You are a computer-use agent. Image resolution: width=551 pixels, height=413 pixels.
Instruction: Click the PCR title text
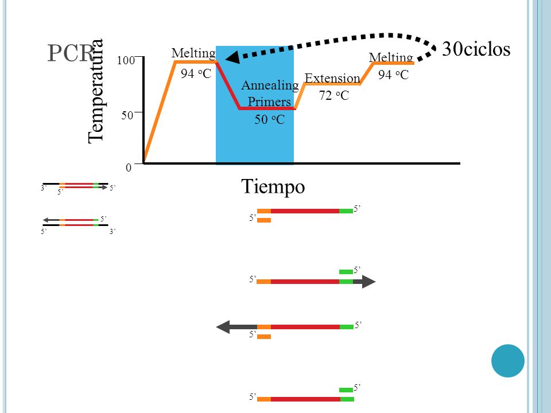(70, 53)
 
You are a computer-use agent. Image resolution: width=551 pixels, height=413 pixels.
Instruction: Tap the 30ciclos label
(476, 49)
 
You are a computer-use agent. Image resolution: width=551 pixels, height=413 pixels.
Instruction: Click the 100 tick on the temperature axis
(126, 60)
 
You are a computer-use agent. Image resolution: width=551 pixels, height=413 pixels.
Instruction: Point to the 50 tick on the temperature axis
(127, 115)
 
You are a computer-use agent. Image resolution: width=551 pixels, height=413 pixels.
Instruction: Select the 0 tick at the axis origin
(129, 167)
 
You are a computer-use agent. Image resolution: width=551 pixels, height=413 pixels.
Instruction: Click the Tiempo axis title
(273, 186)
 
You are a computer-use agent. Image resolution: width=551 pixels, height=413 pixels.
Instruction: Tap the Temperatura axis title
(95, 91)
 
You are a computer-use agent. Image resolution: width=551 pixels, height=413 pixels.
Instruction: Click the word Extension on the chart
(332, 78)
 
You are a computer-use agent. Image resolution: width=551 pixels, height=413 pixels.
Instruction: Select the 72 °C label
(334, 95)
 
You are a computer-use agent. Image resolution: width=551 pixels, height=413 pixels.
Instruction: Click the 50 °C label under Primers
(270, 119)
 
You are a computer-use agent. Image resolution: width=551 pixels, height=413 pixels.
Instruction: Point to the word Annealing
(270, 85)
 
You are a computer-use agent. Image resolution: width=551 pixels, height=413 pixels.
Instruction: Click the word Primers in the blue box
(269, 102)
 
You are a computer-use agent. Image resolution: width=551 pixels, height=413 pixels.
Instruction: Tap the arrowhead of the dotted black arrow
(232, 57)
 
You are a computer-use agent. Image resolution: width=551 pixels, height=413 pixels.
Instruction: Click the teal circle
(508, 361)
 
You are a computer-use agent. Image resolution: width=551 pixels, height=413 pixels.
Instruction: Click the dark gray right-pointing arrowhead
(368, 282)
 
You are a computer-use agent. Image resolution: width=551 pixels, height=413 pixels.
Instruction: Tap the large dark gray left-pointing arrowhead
(223, 327)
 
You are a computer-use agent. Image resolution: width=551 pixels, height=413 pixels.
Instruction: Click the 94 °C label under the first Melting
(196, 74)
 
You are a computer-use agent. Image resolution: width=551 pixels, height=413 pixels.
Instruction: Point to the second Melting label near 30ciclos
(391, 57)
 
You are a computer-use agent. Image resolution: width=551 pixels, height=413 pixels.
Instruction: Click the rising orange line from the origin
(160, 112)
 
